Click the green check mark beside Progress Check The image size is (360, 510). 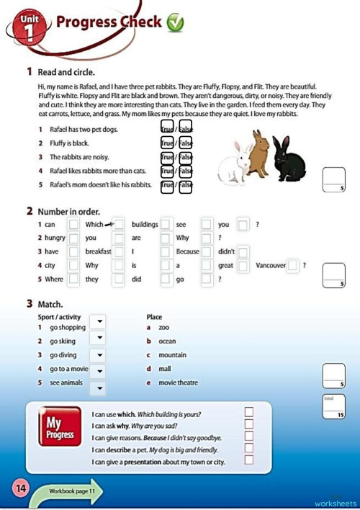click(x=175, y=24)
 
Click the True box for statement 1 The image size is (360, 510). click(x=167, y=128)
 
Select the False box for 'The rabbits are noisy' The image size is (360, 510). click(x=186, y=156)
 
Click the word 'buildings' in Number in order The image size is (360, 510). click(x=145, y=225)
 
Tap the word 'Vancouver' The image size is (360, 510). click(x=270, y=265)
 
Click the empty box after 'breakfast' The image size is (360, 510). click(x=120, y=252)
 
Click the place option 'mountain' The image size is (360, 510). click(x=172, y=355)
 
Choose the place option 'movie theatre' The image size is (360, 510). click(x=178, y=382)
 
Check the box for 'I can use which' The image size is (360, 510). click(x=249, y=412)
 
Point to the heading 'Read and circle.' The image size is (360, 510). click(x=65, y=72)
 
